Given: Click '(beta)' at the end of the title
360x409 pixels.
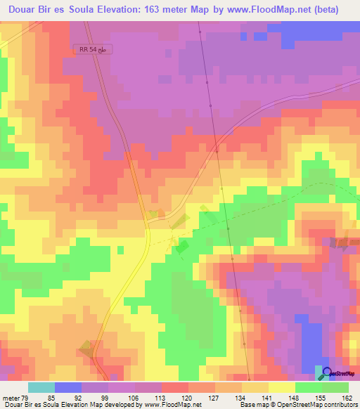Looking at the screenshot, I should pyautogui.click(x=326, y=10).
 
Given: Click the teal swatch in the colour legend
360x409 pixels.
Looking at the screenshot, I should pyautogui.click(x=41, y=387).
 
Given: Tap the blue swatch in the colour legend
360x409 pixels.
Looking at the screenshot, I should pyautogui.click(x=68, y=387).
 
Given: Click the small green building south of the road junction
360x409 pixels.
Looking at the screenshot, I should pyautogui.click(x=181, y=247).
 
